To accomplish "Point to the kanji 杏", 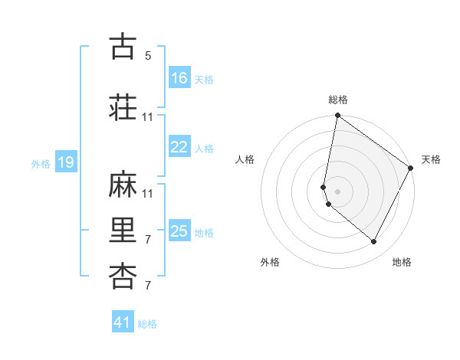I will click(x=123, y=277).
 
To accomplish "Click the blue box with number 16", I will click(x=179, y=78).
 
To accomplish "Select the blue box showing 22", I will click(x=179, y=147).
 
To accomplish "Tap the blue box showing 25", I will click(x=179, y=231).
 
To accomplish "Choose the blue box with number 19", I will click(x=65, y=162).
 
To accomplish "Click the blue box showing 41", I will click(x=123, y=322).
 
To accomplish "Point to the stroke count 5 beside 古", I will click(x=148, y=56).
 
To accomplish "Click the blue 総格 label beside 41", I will click(x=147, y=324).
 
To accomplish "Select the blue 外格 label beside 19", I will click(x=40, y=163).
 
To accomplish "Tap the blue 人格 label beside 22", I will click(x=204, y=148).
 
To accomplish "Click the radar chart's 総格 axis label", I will click(x=338, y=100).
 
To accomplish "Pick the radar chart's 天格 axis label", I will click(x=431, y=159).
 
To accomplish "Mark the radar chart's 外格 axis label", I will click(x=270, y=262).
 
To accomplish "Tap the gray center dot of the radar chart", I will click(x=338, y=191).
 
